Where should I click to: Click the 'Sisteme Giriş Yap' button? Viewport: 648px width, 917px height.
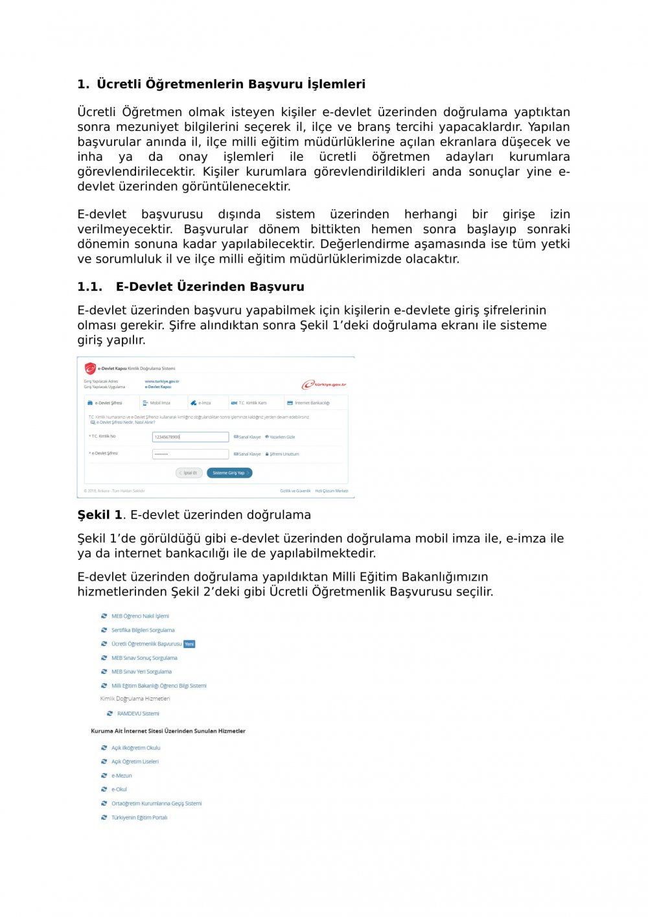pos(229,473)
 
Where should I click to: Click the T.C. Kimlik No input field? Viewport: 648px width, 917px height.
pos(190,437)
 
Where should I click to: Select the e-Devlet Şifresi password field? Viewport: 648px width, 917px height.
pos(190,454)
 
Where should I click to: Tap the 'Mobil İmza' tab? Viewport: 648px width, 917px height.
pos(159,403)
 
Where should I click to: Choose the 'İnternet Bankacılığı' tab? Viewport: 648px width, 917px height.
pos(312,403)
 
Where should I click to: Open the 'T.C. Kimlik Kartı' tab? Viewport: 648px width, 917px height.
pos(252,403)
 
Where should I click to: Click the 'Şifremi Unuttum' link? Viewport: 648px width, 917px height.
pos(284,454)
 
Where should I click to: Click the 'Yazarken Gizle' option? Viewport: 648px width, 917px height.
pos(282,437)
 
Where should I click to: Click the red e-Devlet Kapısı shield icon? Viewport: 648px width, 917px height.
pos(90,369)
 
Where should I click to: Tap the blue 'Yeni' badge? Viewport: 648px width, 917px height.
pos(189,644)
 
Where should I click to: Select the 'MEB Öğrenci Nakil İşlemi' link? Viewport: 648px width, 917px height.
pos(140,616)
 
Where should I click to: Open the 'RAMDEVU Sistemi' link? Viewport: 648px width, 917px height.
pos(138,714)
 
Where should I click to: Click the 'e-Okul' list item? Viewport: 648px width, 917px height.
pos(119,789)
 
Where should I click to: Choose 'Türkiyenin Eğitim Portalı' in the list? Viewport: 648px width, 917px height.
pos(139,818)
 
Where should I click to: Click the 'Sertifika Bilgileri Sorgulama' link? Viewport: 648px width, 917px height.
pos(143,630)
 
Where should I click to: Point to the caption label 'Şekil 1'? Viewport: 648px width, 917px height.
pos(100,515)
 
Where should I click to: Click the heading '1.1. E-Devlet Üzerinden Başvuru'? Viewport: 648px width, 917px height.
pos(191,287)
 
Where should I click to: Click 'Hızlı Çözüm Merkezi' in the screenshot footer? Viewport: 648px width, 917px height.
pos(331,491)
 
